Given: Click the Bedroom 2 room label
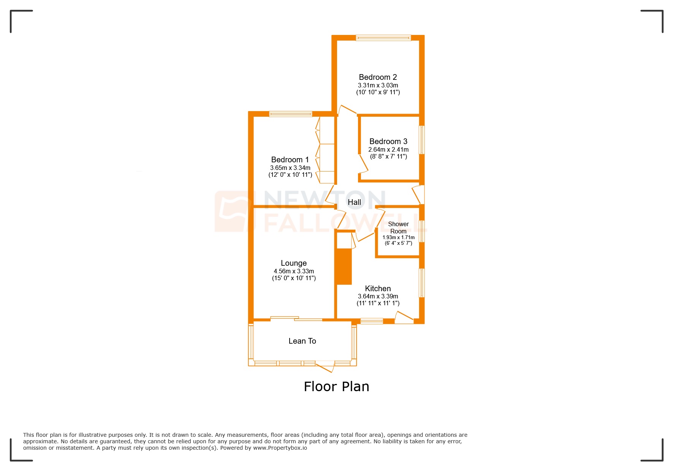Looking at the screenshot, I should point(378,77).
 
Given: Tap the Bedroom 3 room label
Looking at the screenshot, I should point(388,141).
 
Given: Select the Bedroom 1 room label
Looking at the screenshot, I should point(290,160).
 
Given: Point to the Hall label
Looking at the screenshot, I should point(354,202).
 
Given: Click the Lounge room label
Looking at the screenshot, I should point(294,263).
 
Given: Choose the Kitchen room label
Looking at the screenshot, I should point(378,289).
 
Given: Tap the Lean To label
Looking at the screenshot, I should point(302,341).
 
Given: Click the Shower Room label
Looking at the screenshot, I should point(398,228).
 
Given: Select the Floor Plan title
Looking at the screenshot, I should point(336,387).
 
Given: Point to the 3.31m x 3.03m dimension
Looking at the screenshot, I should point(378,86).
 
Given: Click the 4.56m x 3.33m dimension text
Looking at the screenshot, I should point(294,271).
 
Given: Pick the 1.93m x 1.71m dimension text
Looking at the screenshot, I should point(398,238).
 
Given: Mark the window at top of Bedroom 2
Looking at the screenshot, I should point(383,38).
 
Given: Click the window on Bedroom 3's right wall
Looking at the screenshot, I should point(421,140).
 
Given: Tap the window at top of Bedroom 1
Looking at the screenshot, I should point(291,114).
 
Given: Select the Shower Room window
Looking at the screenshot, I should point(421,231).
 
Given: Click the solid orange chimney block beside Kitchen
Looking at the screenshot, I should point(344,266).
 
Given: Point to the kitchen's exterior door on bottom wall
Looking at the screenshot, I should point(404,319).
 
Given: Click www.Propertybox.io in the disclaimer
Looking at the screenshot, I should point(280,448).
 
